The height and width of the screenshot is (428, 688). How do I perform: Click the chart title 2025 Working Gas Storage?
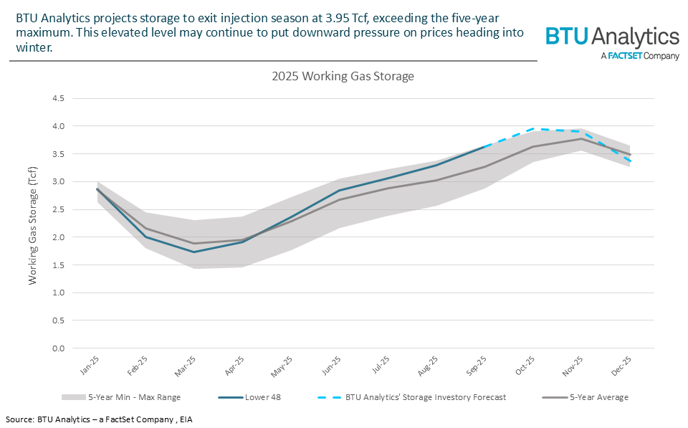[x=343, y=75]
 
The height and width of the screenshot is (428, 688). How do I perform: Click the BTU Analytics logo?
[x=612, y=43]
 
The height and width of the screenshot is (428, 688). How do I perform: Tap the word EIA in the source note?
[x=184, y=419]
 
